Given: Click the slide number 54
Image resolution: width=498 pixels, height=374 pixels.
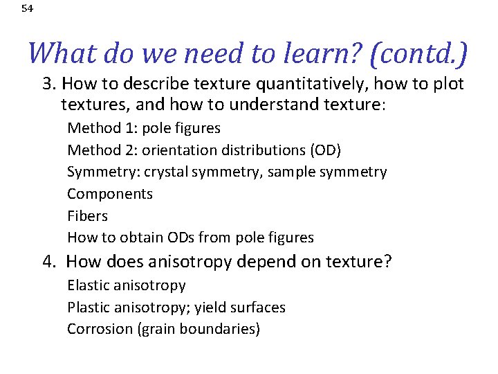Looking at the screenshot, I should pyautogui.click(x=27, y=9).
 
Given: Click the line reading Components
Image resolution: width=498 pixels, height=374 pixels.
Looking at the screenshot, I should pyautogui.click(x=110, y=194).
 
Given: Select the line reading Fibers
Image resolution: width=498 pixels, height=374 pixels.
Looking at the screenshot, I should pyautogui.click(x=87, y=216).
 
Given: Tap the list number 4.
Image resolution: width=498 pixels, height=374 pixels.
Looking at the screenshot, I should pyautogui.click(x=49, y=262).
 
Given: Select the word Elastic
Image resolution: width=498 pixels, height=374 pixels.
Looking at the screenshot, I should pyautogui.click(x=88, y=285).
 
